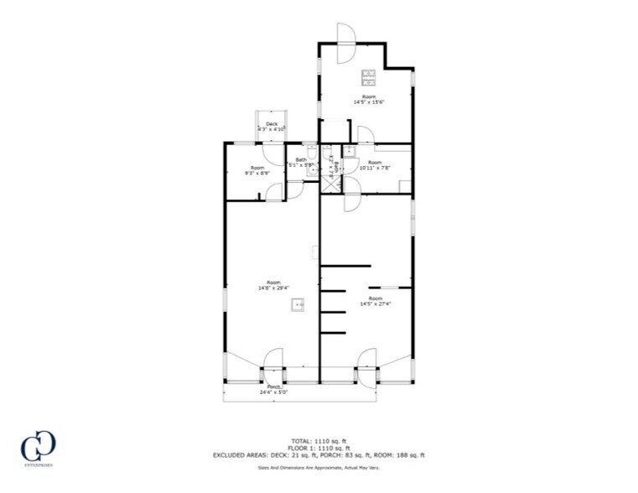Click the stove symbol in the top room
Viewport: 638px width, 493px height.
pyautogui.click(x=368, y=78)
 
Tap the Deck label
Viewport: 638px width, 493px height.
pyautogui.click(x=272, y=124)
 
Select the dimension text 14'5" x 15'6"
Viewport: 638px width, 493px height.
pyautogui.click(x=368, y=102)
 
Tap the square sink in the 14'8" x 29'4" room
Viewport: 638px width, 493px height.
pyautogui.click(x=297, y=305)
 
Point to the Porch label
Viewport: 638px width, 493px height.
pyautogui.click(x=273, y=387)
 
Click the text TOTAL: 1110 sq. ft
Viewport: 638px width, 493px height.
pyautogui.click(x=319, y=440)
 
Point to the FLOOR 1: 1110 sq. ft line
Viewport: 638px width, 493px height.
pyautogui.click(x=319, y=448)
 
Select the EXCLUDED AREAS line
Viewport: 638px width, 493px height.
pyautogui.click(x=319, y=455)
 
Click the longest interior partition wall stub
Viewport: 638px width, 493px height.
pyautogui.click(x=345, y=266)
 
